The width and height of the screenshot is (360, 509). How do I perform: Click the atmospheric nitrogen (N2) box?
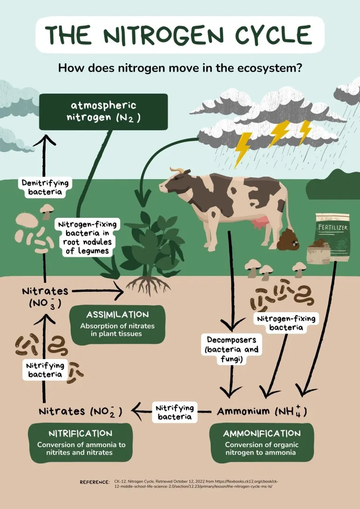103,112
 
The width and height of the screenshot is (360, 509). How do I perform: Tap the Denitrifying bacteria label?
41,187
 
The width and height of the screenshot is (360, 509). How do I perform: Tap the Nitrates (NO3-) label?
45,296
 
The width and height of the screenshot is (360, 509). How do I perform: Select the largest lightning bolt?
243,148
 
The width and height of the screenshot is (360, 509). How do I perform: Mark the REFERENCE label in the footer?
95,482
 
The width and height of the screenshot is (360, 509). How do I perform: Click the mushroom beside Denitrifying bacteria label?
46,211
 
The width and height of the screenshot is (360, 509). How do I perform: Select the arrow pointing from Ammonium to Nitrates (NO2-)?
140,410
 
